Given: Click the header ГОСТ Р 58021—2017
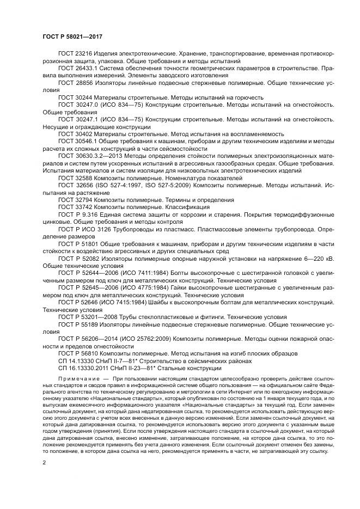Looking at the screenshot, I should [72, 37].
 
